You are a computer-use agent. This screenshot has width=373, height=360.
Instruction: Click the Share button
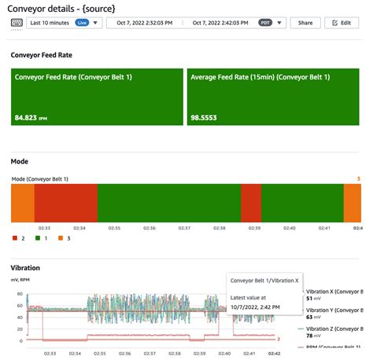(x=305, y=23)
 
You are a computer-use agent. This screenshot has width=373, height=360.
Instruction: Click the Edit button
(x=342, y=23)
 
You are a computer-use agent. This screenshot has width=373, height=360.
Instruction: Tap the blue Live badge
(x=82, y=23)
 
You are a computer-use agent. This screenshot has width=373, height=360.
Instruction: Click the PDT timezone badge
(x=267, y=23)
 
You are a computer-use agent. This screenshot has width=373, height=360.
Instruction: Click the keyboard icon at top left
(x=17, y=23)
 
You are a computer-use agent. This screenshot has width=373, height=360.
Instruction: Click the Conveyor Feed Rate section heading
(x=42, y=56)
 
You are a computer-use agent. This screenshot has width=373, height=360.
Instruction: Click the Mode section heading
(x=20, y=161)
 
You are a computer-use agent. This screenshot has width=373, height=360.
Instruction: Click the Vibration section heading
(x=26, y=268)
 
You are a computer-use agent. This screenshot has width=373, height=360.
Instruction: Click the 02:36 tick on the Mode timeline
(x=150, y=228)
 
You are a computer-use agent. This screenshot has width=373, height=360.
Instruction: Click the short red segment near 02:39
(x=250, y=204)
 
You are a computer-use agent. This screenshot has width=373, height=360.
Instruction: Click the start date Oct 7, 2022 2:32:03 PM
(x=146, y=23)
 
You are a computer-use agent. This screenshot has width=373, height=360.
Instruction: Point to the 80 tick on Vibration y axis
(x=19, y=292)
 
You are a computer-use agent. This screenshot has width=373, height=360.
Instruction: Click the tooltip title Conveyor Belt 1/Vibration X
(x=264, y=280)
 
